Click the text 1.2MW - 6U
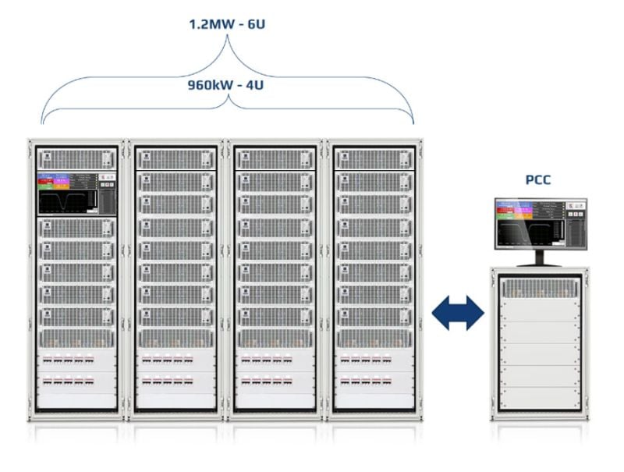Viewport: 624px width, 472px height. pyautogui.click(x=227, y=23)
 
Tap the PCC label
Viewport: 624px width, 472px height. pyautogui.click(x=537, y=180)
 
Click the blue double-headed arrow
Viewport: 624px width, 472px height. pyautogui.click(x=458, y=312)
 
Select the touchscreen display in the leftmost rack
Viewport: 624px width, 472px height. pyautogui.click(x=76, y=193)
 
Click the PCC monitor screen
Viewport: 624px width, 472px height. pyautogui.click(x=537, y=224)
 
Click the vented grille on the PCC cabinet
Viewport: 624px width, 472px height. pyautogui.click(x=537, y=288)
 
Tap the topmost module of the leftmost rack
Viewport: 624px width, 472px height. pyautogui.click(x=76, y=158)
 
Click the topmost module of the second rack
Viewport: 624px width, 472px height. pyautogui.click(x=176, y=158)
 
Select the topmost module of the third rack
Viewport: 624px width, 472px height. pyautogui.click(x=276, y=158)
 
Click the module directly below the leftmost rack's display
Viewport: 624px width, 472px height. pyautogui.click(x=76, y=228)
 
